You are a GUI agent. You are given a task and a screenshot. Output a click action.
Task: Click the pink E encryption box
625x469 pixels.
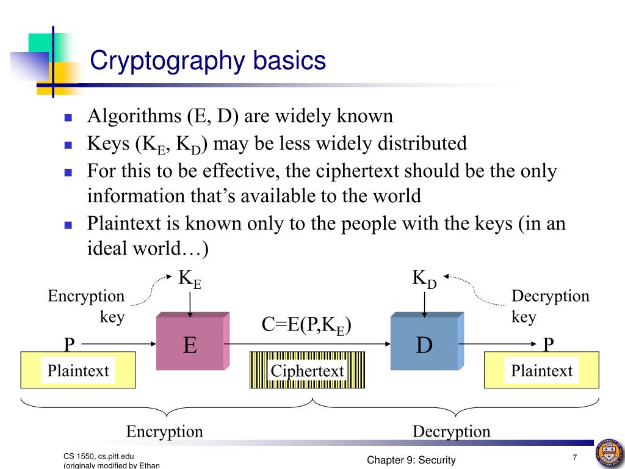(190, 346)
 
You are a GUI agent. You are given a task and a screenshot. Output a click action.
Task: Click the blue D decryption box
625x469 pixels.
(424, 346)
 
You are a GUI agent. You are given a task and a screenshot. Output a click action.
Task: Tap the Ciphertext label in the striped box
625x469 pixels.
(307, 371)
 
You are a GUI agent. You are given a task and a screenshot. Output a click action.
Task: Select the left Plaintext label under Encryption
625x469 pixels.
(78, 371)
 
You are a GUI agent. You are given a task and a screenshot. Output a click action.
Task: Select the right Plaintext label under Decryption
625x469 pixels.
(542, 371)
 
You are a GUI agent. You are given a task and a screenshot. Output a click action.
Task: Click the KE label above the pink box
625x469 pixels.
(190, 279)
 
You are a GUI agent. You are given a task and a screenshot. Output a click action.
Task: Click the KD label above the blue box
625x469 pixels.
(424, 279)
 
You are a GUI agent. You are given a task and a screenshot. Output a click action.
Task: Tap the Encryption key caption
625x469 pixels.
(86, 307)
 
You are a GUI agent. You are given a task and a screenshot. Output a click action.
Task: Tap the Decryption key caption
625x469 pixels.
(550, 307)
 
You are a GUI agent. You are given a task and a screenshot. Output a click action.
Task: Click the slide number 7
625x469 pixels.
(574, 458)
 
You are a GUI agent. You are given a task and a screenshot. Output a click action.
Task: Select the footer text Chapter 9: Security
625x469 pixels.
(411, 460)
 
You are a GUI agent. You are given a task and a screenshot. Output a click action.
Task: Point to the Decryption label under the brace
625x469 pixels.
(451, 432)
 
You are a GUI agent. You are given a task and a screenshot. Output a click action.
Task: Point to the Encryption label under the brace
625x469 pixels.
(164, 432)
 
